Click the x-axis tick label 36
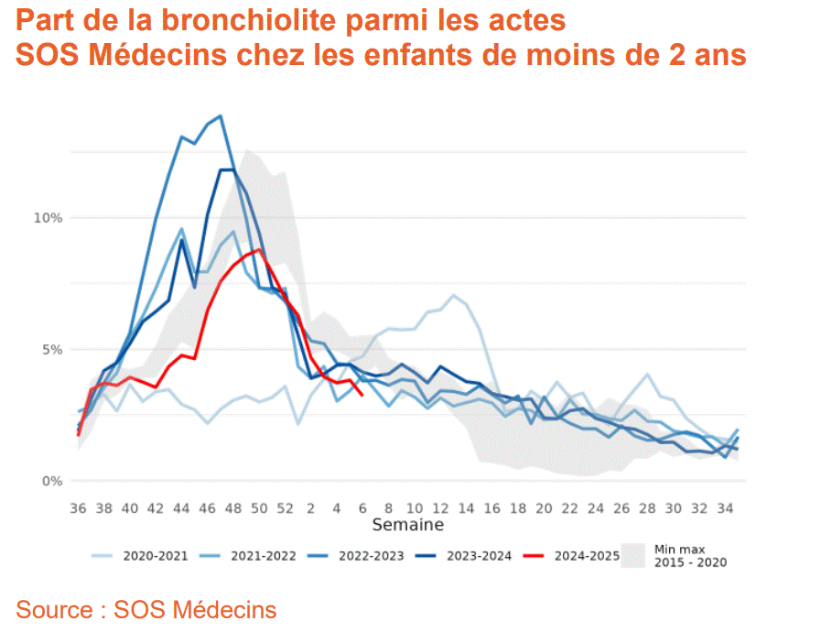[x=79, y=507]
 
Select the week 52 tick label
[x=286, y=507]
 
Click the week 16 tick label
[x=492, y=507]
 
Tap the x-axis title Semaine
[x=407, y=525]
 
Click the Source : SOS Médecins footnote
[x=146, y=609]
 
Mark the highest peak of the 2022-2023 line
[x=221, y=115]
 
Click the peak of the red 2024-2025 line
[x=260, y=249]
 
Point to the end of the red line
[x=363, y=395]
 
